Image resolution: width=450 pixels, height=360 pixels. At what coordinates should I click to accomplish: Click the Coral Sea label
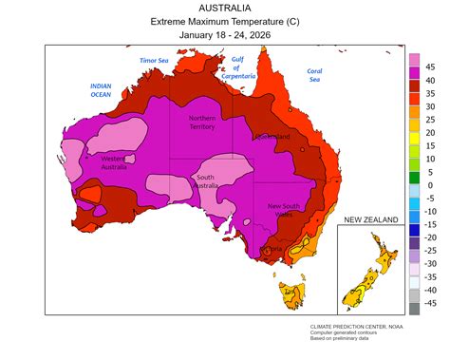pos(314,75)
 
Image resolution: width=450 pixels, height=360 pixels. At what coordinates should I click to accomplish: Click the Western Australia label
pos(114,163)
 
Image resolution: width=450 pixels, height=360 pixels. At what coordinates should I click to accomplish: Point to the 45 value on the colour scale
pos(430,66)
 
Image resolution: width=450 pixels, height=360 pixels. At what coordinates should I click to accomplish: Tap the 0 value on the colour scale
pos(430,185)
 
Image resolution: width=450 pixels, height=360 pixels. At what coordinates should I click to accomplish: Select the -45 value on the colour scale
pos(429,303)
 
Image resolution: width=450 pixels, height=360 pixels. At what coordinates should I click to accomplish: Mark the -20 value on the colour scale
pos(429,237)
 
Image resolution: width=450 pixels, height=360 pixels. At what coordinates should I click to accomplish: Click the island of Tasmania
pos(289,295)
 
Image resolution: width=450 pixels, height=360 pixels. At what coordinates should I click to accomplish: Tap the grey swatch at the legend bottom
pos(414,309)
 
